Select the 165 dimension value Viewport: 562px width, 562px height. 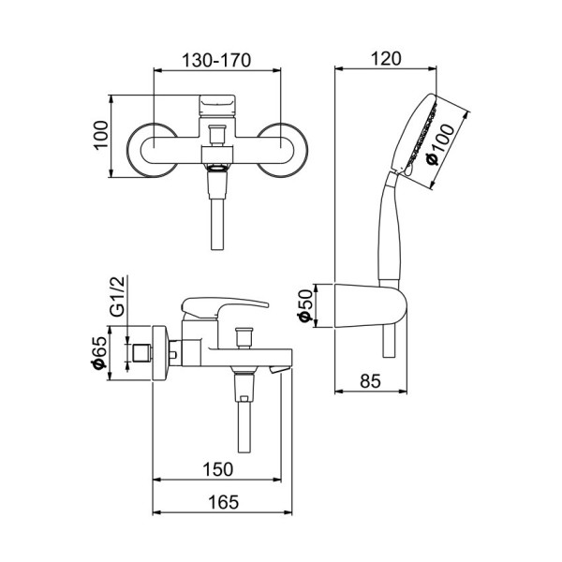click(222, 502)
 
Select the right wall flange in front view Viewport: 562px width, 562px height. click(285, 148)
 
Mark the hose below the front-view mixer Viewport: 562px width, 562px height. click(216, 221)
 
